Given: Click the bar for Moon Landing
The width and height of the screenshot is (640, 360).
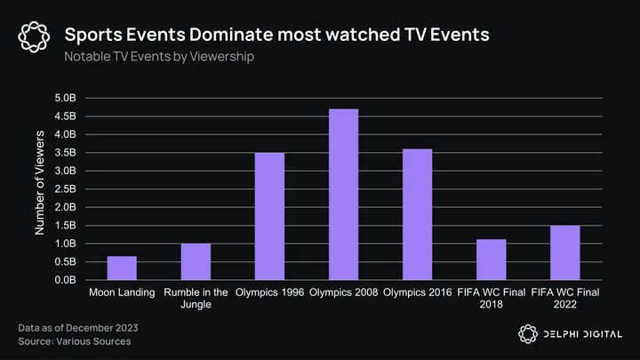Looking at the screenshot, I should (x=122, y=268).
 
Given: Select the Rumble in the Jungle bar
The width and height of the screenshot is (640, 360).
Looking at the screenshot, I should (x=196, y=261).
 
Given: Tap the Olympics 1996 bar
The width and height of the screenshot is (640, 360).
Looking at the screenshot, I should (x=269, y=216).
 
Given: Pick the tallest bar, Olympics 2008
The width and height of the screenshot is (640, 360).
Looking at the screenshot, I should (x=343, y=194).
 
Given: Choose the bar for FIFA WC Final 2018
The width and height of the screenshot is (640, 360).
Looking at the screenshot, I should (x=491, y=260).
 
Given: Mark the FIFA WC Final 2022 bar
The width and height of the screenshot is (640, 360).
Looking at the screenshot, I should (x=564, y=252).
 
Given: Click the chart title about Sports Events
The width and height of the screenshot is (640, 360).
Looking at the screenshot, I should (x=276, y=36).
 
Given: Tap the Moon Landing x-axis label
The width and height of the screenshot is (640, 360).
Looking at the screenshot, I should (x=123, y=292).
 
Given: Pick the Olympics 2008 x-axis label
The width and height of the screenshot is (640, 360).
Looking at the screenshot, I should (x=344, y=292).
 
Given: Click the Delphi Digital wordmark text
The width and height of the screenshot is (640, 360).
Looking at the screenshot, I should (x=581, y=333).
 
